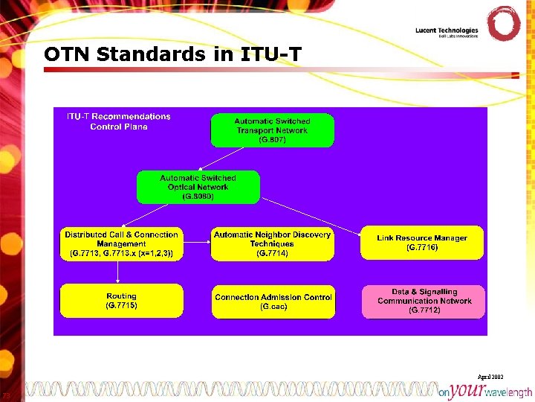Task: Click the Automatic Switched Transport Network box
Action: coord(272,130)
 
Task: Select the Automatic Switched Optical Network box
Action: coord(198,187)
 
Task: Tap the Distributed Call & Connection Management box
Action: coord(121,243)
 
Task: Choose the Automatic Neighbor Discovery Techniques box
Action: coord(272,243)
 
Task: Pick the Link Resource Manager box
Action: coord(421,243)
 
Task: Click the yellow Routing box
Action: coord(121,300)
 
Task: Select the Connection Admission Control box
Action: coord(273,300)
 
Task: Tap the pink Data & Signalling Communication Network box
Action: coord(424,301)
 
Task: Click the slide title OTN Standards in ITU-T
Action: coord(172,54)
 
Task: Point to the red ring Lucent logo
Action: coord(503,24)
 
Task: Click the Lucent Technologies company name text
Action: coord(447,31)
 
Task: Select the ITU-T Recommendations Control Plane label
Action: coord(119,121)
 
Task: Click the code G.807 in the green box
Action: coord(272,140)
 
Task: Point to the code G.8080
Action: coord(198,197)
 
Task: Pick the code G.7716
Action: coord(421,247)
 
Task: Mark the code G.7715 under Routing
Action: coord(121,305)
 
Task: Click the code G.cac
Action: coord(273,307)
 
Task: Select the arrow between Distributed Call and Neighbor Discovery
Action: coord(197,243)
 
